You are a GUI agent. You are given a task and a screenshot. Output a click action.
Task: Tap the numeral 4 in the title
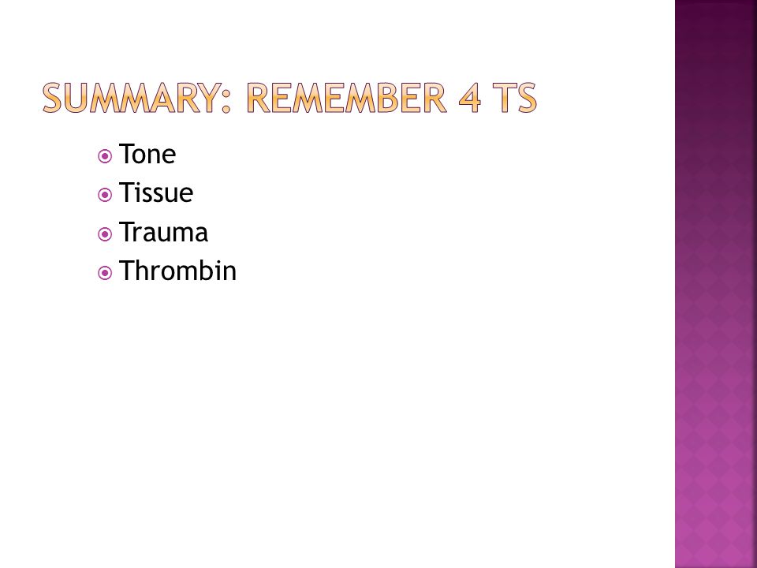(x=470, y=98)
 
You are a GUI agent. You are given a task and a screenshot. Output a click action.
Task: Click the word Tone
(x=147, y=154)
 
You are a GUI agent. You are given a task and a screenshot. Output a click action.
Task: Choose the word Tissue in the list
(x=156, y=192)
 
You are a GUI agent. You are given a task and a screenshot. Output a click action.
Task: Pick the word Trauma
(x=163, y=232)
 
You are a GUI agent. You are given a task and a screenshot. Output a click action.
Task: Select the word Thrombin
(x=177, y=271)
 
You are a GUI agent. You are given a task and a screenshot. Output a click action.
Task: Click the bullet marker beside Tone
(x=105, y=156)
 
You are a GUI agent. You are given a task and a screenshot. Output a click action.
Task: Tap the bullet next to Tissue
(x=105, y=195)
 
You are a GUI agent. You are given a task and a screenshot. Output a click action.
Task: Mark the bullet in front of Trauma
(x=105, y=234)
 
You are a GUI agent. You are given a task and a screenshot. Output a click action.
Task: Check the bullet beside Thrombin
(x=105, y=274)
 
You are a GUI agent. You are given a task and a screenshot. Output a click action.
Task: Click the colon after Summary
(x=226, y=100)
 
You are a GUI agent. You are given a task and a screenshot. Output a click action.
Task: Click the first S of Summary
(x=52, y=98)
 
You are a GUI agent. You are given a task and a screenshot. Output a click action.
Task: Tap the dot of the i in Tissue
(x=139, y=184)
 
